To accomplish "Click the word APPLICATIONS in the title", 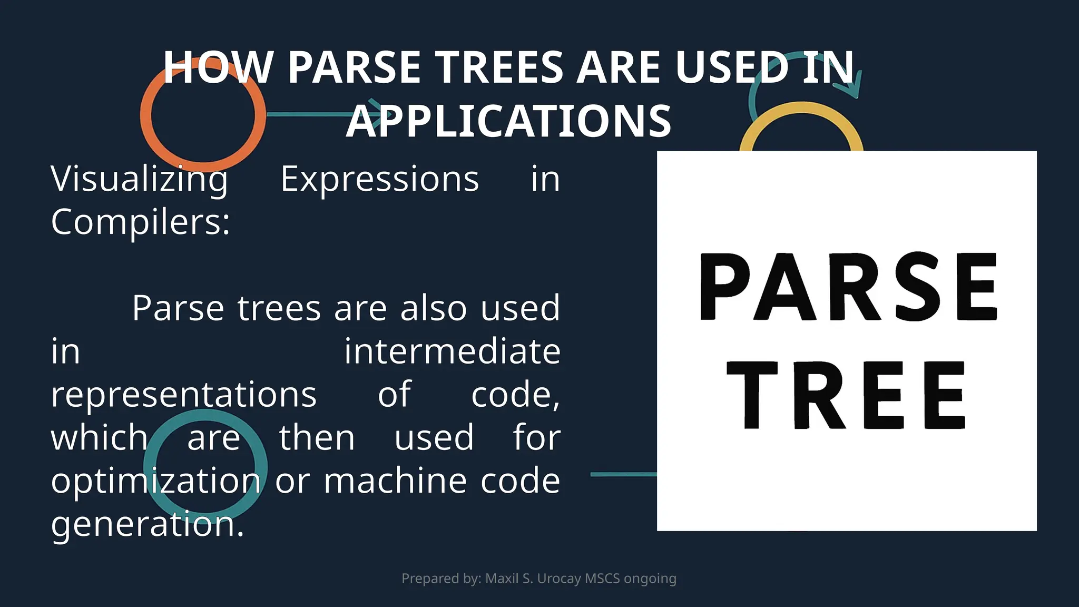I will click(x=508, y=121).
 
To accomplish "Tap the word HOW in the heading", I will click(x=217, y=67).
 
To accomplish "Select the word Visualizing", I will click(x=140, y=180).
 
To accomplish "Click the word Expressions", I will click(x=379, y=179).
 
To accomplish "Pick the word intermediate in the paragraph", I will click(x=452, y=351).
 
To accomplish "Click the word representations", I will click(x=184, y=395).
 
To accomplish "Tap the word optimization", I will click(x=156, y=481).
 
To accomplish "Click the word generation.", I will click(x=148, y=524).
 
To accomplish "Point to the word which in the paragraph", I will click(x=100, y=438).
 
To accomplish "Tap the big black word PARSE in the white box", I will click(x=848, y=287).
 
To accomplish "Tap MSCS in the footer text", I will click(x=602, y=579).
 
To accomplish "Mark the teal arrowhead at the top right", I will click(x=854, y=87).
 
